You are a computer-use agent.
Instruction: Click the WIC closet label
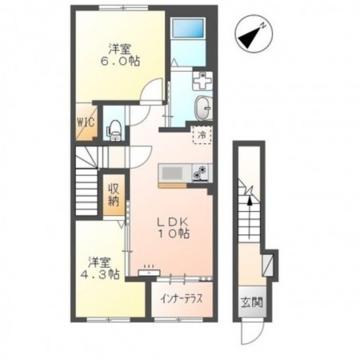[86, 122]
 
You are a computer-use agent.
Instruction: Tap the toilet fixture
[114, 130]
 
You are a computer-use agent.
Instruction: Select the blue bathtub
[188, 28]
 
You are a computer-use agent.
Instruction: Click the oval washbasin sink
[203, 108]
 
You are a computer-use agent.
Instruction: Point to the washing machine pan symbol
[202, 81]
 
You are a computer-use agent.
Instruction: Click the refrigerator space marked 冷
[202, 135]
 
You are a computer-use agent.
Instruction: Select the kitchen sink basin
[172, 173]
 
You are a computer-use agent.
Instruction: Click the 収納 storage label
[114, 194]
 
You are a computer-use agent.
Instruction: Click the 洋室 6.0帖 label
[119, 55]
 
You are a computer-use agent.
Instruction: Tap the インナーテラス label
[182, 299]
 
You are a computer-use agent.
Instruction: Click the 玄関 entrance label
[252, 302]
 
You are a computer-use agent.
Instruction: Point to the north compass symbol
[254, 34]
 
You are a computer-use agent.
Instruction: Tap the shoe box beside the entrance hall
[267, 265]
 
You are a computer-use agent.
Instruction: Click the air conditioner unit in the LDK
[149, 272]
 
